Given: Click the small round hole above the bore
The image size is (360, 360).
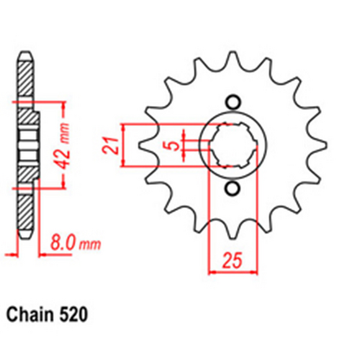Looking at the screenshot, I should (232, 101).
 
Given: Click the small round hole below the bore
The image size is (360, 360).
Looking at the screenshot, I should (232, 189).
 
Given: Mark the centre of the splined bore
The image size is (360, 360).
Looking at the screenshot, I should (232, 145).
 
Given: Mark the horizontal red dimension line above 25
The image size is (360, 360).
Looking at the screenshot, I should (232, 271).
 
